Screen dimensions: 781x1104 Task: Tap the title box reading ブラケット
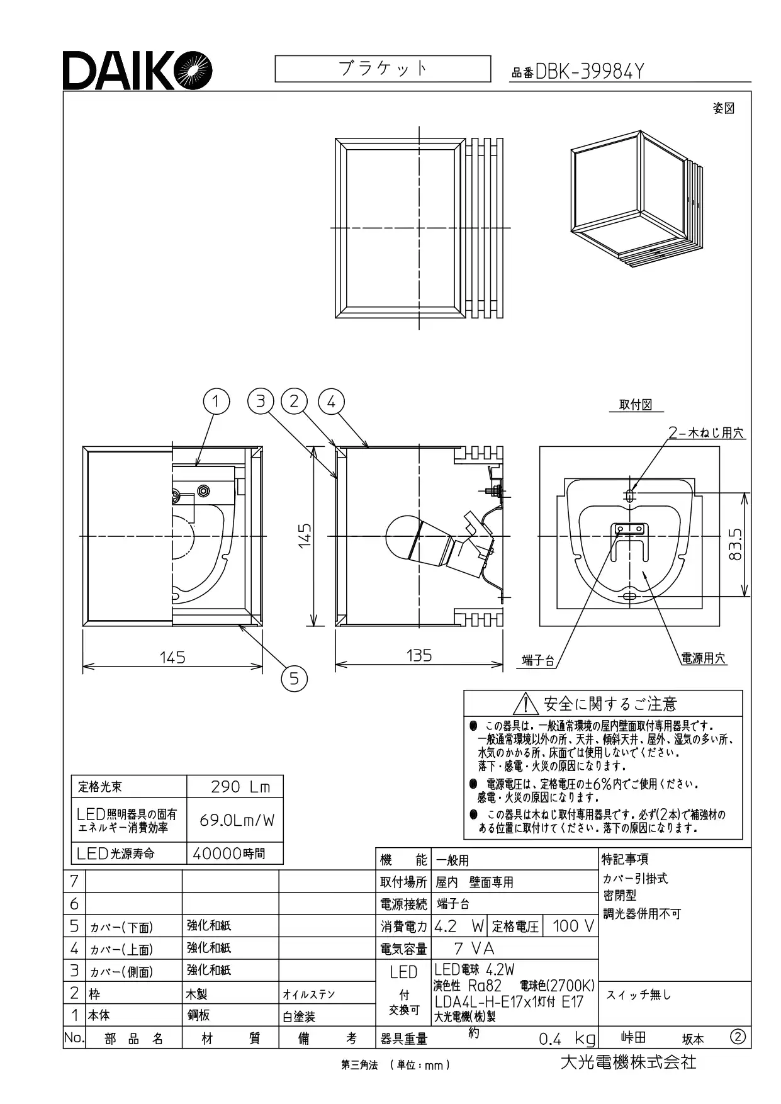(383, 69)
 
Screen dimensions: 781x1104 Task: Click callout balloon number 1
(216, 401)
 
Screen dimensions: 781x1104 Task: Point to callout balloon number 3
(261, 401)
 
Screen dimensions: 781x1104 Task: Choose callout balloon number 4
(332, 401)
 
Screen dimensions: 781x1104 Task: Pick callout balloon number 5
(294, 678)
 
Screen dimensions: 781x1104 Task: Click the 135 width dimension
(419, 655)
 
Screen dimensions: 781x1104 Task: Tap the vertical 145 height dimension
(305, 536)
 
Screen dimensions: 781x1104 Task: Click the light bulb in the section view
(400, 536)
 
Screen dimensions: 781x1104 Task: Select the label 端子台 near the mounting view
(538, 660)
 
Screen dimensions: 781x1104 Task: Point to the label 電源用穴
(704, 658)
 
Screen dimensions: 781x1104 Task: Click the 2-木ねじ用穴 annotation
(707, 433)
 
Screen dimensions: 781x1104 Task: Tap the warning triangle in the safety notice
(524, 704)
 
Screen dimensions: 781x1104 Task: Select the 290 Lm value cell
(235, 786)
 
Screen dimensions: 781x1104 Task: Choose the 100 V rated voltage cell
(570, 926)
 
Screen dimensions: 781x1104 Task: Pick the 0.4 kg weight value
(566, 1039)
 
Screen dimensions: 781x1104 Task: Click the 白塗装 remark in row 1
(299, 1016)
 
